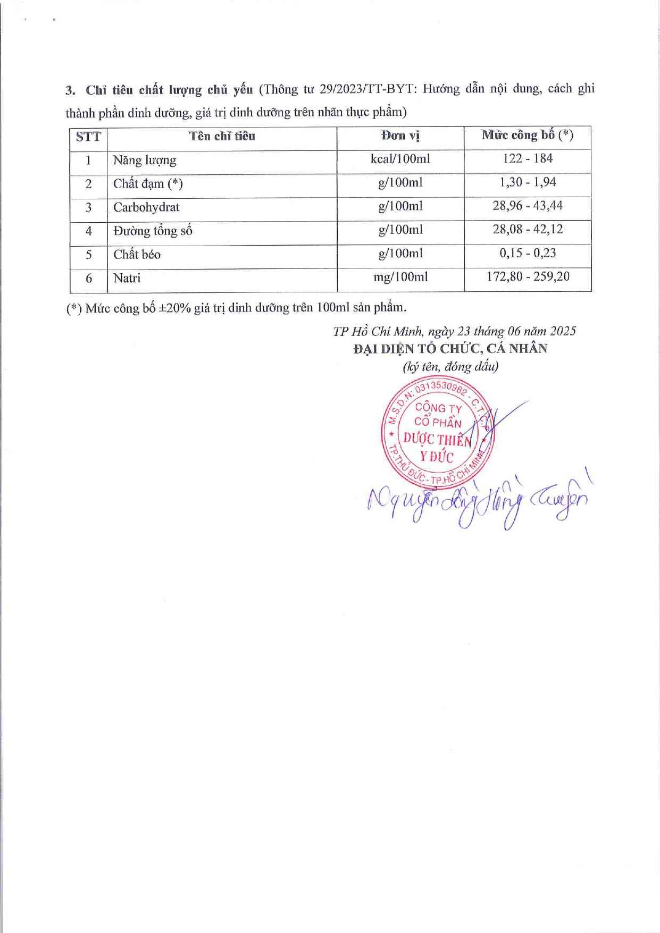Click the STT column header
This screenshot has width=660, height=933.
click(88, 137)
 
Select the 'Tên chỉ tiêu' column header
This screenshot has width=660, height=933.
click(222, 136)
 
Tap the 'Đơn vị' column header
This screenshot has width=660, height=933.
click(400, 136)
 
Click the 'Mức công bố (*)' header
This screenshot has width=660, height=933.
click(527, 135)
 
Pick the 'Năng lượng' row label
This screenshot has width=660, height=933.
click(145, 161)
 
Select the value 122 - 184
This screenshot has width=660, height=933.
click(528, 158)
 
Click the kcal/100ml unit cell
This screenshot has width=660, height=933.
click(400, 159)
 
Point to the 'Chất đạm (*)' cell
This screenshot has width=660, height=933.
click(148, 184)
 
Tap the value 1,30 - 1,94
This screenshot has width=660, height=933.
click(528, 182)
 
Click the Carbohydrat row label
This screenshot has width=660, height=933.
click(146, 207)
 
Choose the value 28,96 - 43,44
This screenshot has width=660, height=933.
click(528, 206)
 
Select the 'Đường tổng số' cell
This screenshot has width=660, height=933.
click(153, 231)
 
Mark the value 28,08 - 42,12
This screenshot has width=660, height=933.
click(528, 229)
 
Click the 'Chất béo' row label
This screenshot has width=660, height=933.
click(137, 255)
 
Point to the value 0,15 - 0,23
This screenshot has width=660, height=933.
click(528, 253)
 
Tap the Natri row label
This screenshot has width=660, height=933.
click(127, 278)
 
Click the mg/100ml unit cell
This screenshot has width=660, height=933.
click(400, 277)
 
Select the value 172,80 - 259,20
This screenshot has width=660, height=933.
click(528, 276)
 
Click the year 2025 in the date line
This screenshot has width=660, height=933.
click(563, 331)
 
